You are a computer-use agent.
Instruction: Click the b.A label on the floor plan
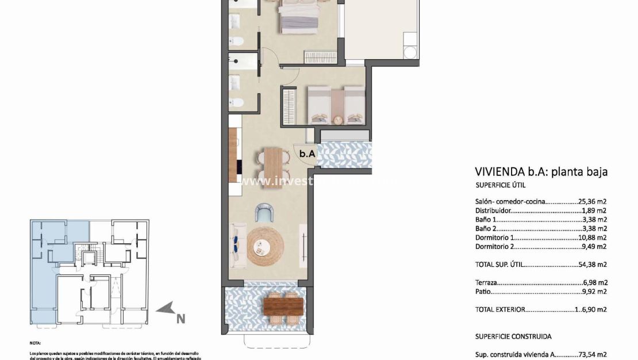[307, 154]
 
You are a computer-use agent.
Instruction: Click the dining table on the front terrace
[283, 305]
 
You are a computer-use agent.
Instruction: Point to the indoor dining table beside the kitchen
[273, 164]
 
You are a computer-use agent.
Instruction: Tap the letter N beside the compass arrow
[180, 317]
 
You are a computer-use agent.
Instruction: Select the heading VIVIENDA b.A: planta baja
[541, 171]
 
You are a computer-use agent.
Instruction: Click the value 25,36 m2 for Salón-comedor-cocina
[593, 202]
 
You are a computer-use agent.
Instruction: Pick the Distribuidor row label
[493, 211]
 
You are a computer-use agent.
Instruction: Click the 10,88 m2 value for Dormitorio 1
[593, 238]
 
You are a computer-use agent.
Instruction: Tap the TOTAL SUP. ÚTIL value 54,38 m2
[593, 265]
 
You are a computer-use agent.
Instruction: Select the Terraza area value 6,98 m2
[595, 282]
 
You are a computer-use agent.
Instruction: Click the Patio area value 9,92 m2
[595, 292]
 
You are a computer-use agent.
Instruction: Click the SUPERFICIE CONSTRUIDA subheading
[513, 336]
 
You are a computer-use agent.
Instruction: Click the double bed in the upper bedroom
[299, 17]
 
